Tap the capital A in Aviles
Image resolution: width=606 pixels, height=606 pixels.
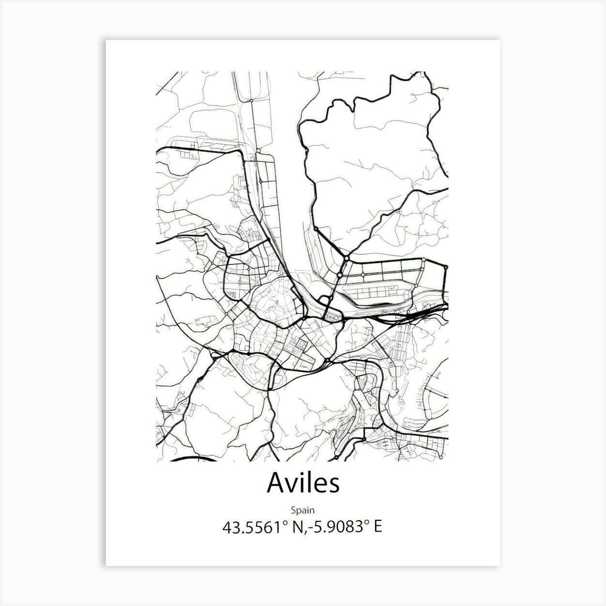pos(276,483)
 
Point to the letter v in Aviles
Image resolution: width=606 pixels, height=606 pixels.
pos(291,485)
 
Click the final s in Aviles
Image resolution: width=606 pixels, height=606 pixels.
pos(333,485)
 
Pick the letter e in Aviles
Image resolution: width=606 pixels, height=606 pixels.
pos(320,485)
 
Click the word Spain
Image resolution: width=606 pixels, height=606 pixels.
pos(303,510)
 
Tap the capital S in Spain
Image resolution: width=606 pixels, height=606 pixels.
pos(293,510)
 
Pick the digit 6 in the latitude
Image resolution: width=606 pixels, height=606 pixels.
pos(272,527)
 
